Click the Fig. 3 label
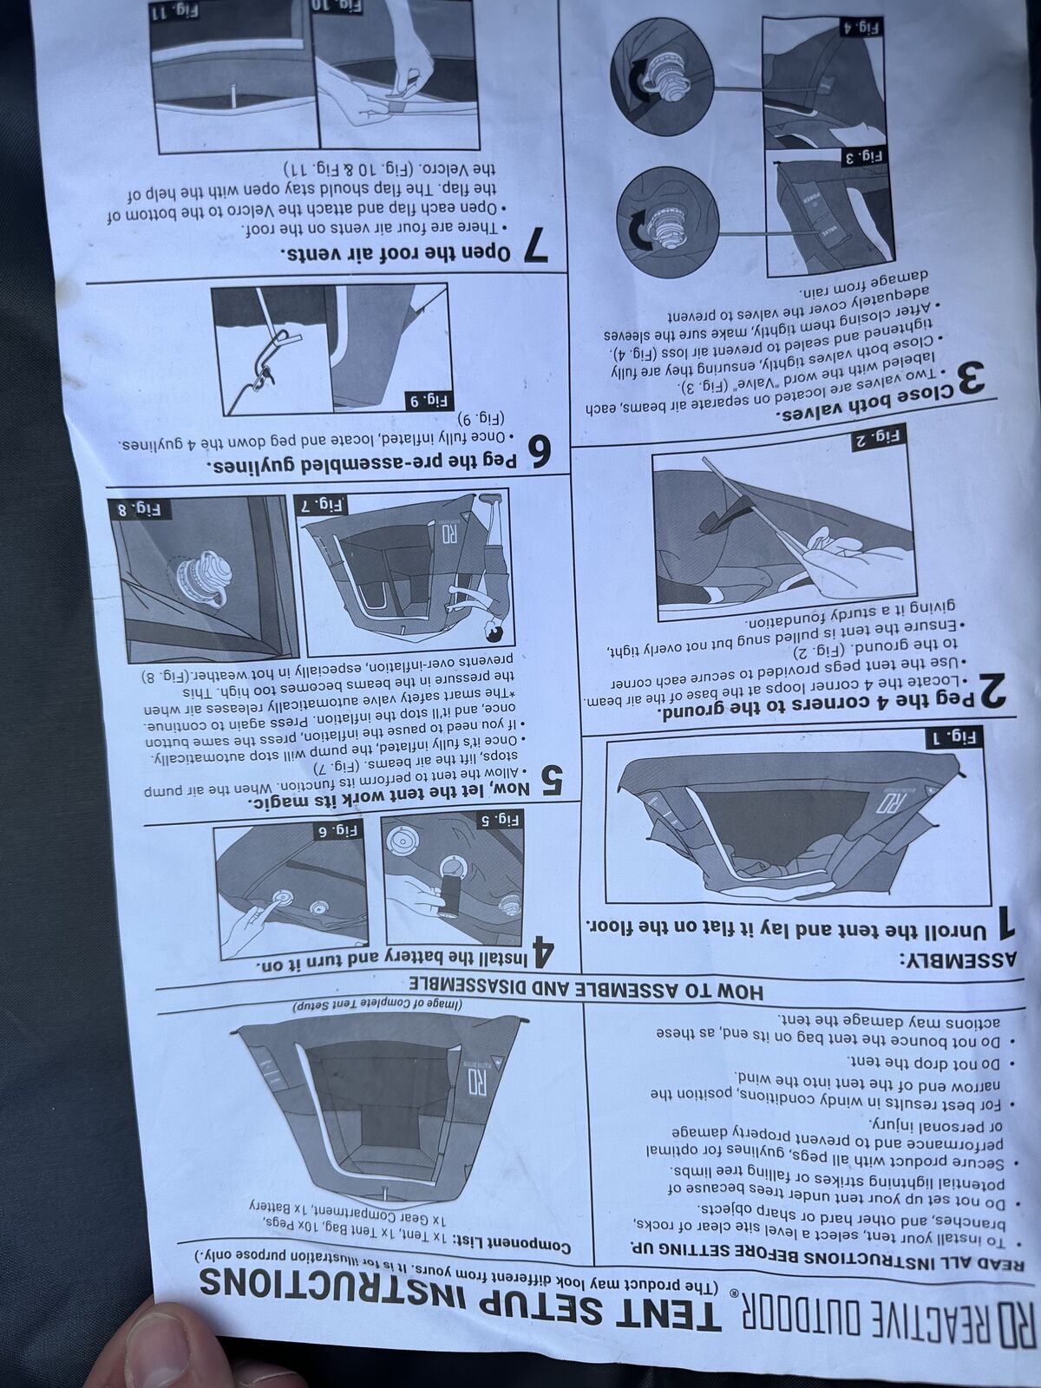[x=872, y=158]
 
